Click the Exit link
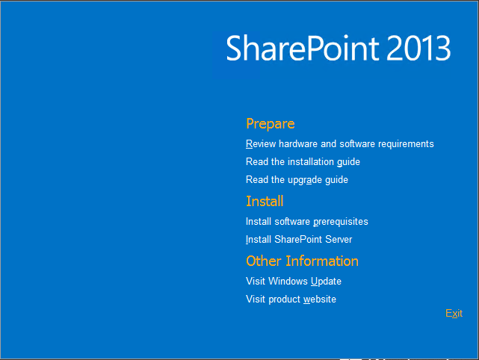click(x=454, y=313)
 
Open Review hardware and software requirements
click(x=340, y=144)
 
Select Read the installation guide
click(x=303, y=162)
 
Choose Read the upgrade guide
click(x=297, y=180)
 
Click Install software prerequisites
click(x=306, y=222)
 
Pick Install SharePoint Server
click(x=299, y=240)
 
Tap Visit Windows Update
click(x=294, y=282)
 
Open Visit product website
click(x=291, y=300)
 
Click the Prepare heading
click(x=271, y=124)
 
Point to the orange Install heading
click(x=265, y=201)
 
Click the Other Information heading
click(x=302, y=261)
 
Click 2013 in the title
click(x=418, y=48)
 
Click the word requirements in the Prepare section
click(x=406, y=144)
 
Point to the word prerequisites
click(x=341, y=222)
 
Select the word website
click(x=320, y=300)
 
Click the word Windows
click(x=288, y=282)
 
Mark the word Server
click(x=339, y=240)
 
